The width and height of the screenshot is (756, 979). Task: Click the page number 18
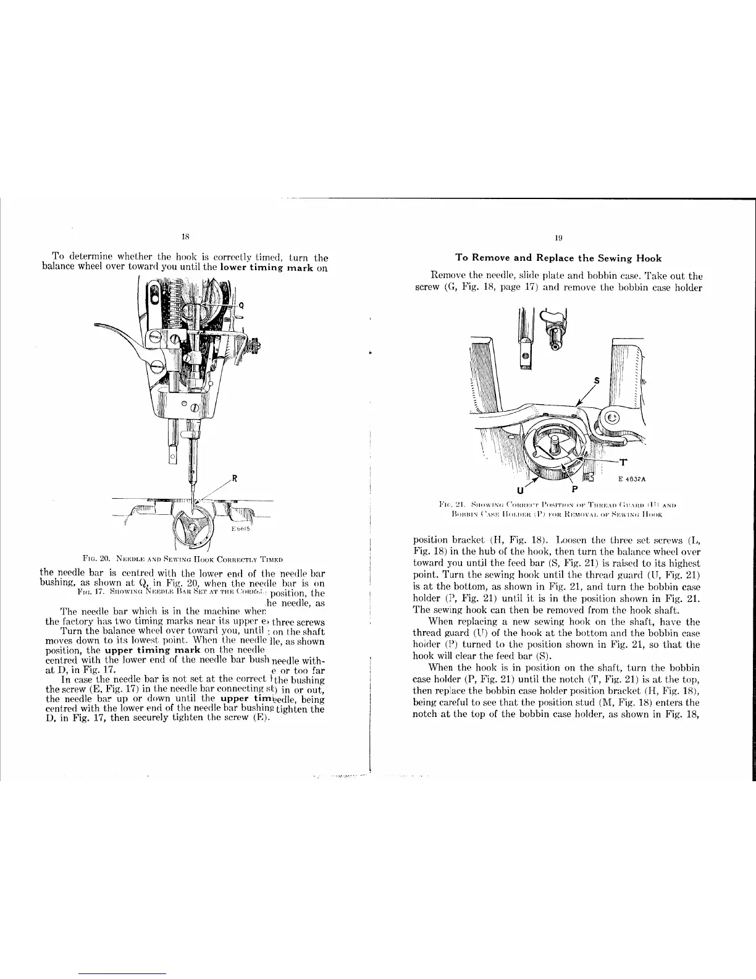coord(184,235)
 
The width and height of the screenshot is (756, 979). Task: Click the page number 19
coord(558,236)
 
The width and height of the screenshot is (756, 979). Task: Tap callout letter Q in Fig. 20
coord(241,304)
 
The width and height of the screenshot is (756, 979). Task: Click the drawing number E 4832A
coord(621,478)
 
